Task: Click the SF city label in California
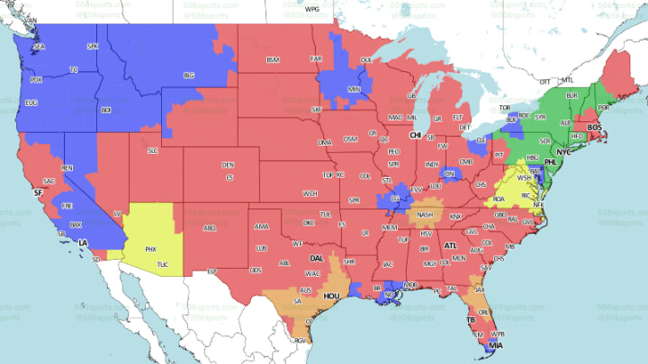37,192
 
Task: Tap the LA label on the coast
82,243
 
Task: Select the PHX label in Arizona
150,248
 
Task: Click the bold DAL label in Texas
316,258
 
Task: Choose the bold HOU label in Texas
330,295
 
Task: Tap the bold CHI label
415,135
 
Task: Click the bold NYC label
564,153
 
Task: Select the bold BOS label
594,128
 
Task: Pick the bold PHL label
551,164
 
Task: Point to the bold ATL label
450,244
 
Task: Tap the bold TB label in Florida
470,319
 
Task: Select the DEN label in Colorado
228,164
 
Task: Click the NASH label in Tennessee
425,215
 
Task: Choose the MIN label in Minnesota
354,90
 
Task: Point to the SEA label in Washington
39,46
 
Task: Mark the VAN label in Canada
31,19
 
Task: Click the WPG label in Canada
312,9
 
